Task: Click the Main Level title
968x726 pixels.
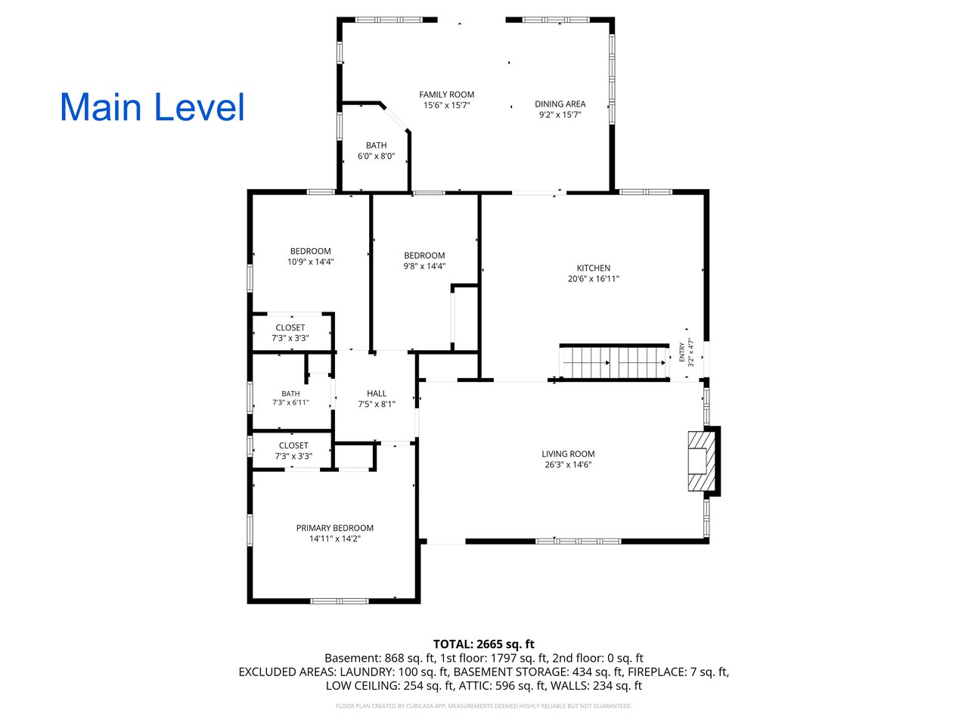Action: pos(152,107)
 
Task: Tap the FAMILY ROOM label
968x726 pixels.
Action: pos(446,95)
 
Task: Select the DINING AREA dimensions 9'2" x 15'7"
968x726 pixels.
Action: pos(560,115)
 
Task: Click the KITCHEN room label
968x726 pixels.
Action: pos(594,268)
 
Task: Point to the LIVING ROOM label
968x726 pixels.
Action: pos(568,454)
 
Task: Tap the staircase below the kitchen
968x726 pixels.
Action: pos(614,363)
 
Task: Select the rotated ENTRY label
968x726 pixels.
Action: pos(682,352)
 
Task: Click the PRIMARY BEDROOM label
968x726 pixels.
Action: pos(335,528)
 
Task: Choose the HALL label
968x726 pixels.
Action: pos(377,394)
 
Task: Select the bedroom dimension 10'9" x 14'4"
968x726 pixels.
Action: pos(311,262)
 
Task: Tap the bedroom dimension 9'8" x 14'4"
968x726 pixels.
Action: pos(424,266)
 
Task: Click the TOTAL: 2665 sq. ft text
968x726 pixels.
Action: pos(484,644)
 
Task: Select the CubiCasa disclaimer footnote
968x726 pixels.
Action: pos(484,706)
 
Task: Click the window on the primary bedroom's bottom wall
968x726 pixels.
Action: pos(339,601)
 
